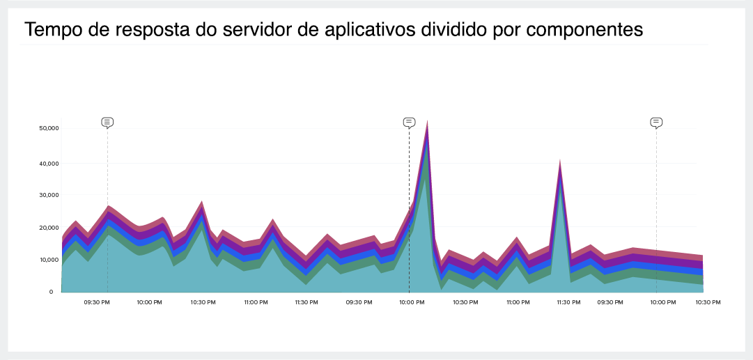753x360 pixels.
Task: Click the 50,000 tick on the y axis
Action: [x=49, y=129]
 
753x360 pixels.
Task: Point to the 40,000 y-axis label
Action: [x=49, y=164]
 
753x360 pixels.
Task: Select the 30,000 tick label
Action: [x=49, y=196]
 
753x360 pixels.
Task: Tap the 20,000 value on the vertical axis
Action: [x=49, y=228]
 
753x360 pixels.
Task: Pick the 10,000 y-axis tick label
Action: [x=49, y=260]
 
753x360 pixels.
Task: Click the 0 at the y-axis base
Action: [x=51, y=292]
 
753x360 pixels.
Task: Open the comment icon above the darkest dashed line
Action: [x=409, y=123]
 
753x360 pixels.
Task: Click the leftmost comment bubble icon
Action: [x=107, y=123]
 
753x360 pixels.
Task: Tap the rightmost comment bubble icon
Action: [x=656, y=123]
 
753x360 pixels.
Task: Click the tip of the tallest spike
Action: [x=427, y=121]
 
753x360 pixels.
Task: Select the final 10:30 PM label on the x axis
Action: [x=707, y=302]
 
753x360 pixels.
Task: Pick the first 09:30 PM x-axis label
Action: [x=97, y=302]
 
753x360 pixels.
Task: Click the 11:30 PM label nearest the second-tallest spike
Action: [x=569, y=302]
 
